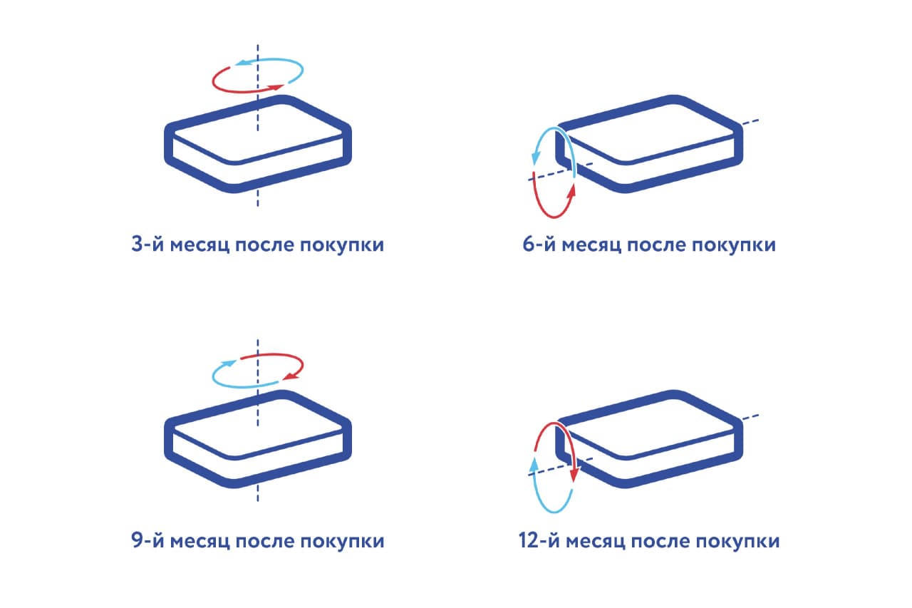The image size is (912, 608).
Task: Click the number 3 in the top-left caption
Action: point(138,244)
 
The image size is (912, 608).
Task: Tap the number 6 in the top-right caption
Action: point(529,244)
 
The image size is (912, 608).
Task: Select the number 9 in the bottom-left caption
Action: point(138,540)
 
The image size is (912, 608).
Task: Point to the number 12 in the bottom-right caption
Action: point(529,540)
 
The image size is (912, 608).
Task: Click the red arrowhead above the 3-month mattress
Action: point(276,87)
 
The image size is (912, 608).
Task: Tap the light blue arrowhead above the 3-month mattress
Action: point(243,63)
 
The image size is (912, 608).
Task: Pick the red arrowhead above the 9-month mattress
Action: point(291,376)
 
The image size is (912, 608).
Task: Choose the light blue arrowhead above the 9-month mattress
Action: point(229,364)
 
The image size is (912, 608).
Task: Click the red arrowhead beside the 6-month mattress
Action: point(571,192)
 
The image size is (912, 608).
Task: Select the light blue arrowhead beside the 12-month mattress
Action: point(534,466)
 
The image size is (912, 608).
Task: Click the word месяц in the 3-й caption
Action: point(199,245)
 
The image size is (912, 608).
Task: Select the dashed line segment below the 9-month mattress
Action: point(258,493)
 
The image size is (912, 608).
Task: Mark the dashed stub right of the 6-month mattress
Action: point(750,121)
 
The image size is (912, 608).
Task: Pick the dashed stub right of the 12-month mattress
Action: point(750,416)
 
